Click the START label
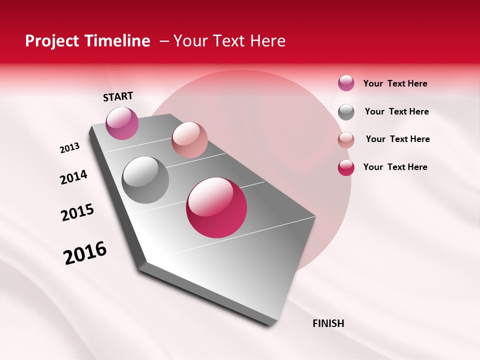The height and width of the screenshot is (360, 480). pos(118,96)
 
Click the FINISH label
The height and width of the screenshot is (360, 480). pos(328,323)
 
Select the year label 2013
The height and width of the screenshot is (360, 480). pos(70,148)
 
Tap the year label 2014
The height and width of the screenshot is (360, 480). pos(73,177)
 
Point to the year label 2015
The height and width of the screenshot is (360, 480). pos(77,212)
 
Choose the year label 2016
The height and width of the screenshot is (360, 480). pos(85,253)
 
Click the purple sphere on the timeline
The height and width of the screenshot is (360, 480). pos(122,123)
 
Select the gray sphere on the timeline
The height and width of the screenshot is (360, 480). pos(145,180)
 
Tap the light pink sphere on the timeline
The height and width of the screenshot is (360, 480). pos(189,139)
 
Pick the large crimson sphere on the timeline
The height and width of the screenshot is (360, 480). pos(216,207)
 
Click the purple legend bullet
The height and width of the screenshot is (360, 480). pos(346,83)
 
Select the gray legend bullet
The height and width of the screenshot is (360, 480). pos(346,112)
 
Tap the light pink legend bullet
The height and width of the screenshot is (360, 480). pos(346,140)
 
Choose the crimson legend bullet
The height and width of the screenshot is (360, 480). pos(346,167)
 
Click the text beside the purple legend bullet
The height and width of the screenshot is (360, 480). pos(395,83)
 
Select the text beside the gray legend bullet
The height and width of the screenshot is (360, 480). pos(396,111)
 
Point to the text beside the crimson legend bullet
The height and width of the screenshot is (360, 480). pos(395,167)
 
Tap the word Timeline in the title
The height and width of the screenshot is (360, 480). pos(118,41)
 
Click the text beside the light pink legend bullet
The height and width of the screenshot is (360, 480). pos(397,139)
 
